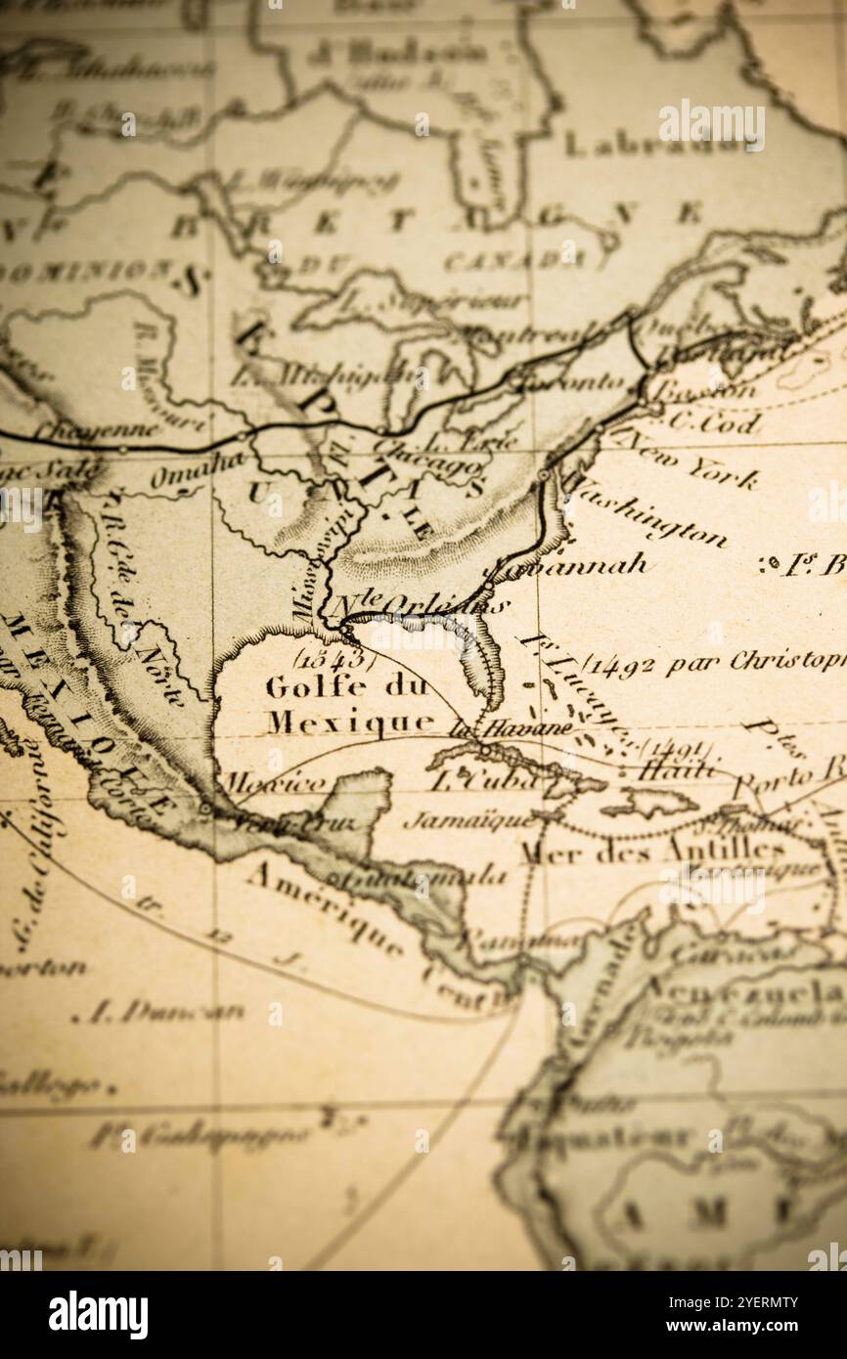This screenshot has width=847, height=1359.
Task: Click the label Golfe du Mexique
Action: (350, 704)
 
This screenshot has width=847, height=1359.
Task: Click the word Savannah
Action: (567, 566)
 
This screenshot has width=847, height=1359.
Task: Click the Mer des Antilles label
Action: (651, 851)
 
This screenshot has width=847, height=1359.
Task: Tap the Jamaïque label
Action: (468, 819)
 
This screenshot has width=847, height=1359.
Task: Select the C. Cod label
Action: (713, 422)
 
